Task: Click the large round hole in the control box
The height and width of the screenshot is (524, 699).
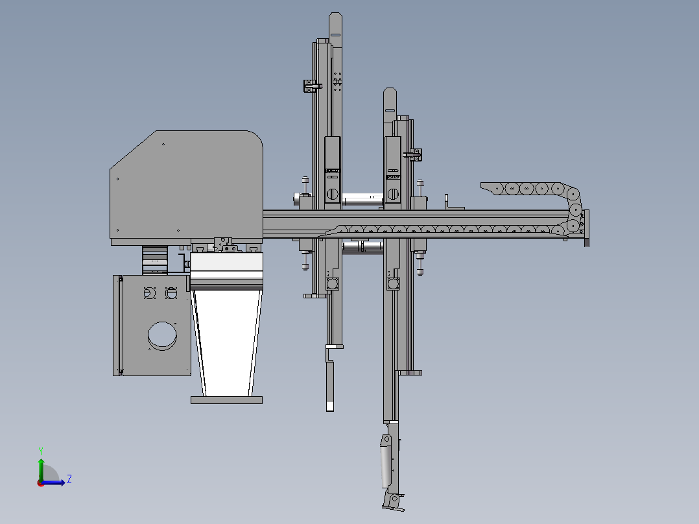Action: [161, 335]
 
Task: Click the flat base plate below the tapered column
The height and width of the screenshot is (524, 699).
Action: [226, 400]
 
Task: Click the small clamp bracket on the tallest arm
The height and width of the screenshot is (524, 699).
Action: [312, 86]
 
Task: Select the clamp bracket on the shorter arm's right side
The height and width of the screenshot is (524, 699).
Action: [414, 154]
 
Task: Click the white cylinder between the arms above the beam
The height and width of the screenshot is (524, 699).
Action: [361, 200]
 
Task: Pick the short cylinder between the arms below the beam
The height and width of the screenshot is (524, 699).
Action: [363, 247]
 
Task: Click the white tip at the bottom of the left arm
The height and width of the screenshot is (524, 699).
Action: [329, 406]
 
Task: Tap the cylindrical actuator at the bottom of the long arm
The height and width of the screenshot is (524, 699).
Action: [386, 462]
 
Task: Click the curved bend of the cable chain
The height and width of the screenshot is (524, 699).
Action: [575, 208]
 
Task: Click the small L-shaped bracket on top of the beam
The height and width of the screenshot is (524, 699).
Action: [447, 201]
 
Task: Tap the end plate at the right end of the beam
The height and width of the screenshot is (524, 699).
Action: [587, 228]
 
